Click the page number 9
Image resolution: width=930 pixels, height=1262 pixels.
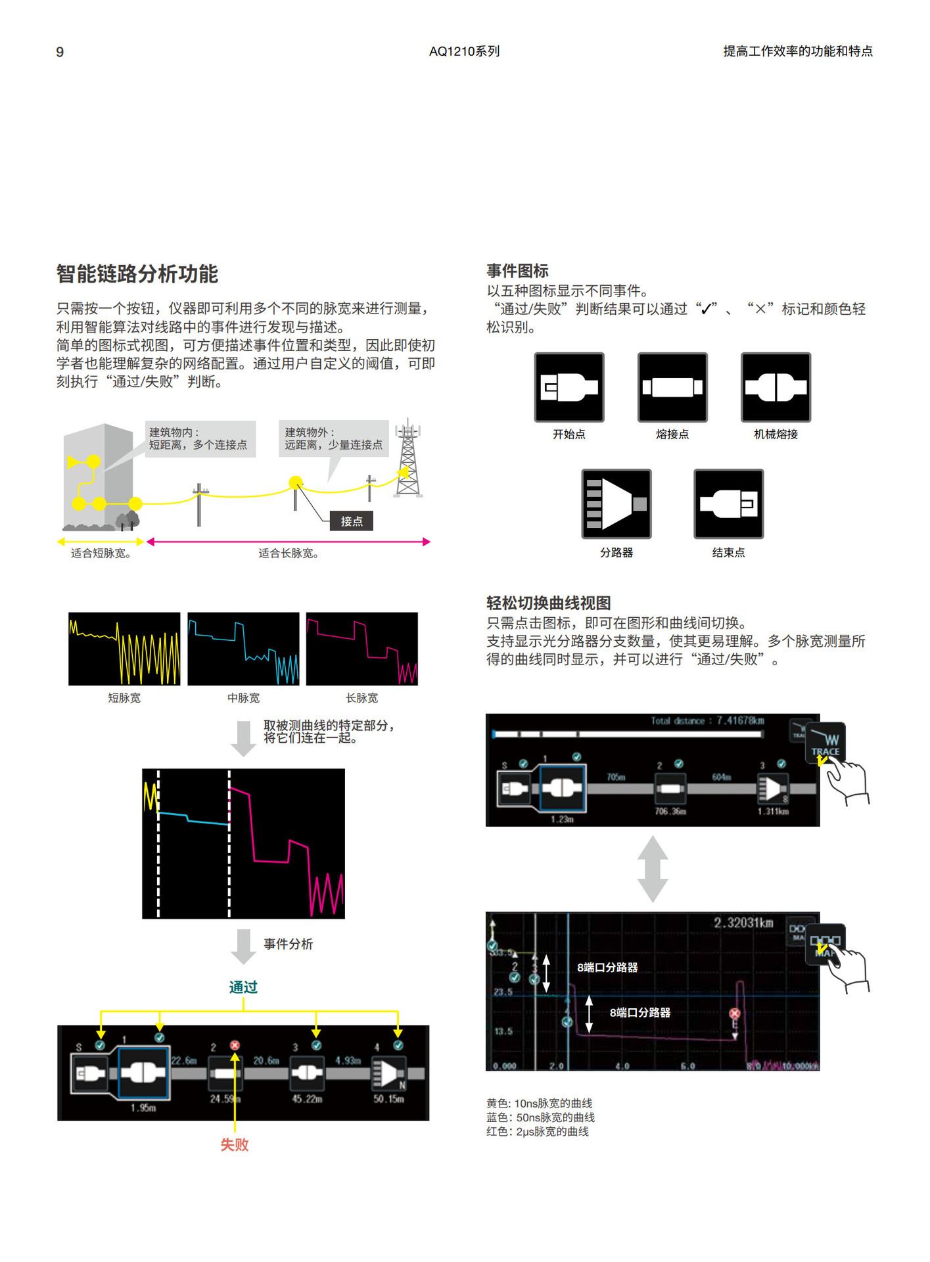tap(60, 52)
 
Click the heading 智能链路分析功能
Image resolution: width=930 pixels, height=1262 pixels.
tap(137, 274)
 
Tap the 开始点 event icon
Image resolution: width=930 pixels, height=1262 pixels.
tap(569, 387)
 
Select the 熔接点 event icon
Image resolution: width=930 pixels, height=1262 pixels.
tap(672, 387)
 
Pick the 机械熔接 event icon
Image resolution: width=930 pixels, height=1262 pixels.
tap(776, 387)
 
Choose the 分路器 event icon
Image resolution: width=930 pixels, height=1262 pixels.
tap(616, 504)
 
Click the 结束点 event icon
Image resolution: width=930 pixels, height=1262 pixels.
tap(728, 504)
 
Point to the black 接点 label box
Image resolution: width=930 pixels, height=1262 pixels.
tap(351, 521)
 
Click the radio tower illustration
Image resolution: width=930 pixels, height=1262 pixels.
tap(407, 460)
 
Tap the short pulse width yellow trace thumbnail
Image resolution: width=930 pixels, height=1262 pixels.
tap(124, 649)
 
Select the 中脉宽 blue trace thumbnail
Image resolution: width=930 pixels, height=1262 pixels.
tap(243, 649)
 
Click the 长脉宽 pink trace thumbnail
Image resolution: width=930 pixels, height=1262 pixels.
tap(362, 649)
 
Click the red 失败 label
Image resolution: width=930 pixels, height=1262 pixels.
tap(235, 1144)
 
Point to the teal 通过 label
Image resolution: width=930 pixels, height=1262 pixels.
tap(243, 987)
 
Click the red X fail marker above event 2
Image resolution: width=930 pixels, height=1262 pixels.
tap(235, 1045)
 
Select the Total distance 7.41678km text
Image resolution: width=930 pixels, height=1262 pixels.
tap(707, 721)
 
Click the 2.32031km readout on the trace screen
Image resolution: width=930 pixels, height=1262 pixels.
tap(743, 923)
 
